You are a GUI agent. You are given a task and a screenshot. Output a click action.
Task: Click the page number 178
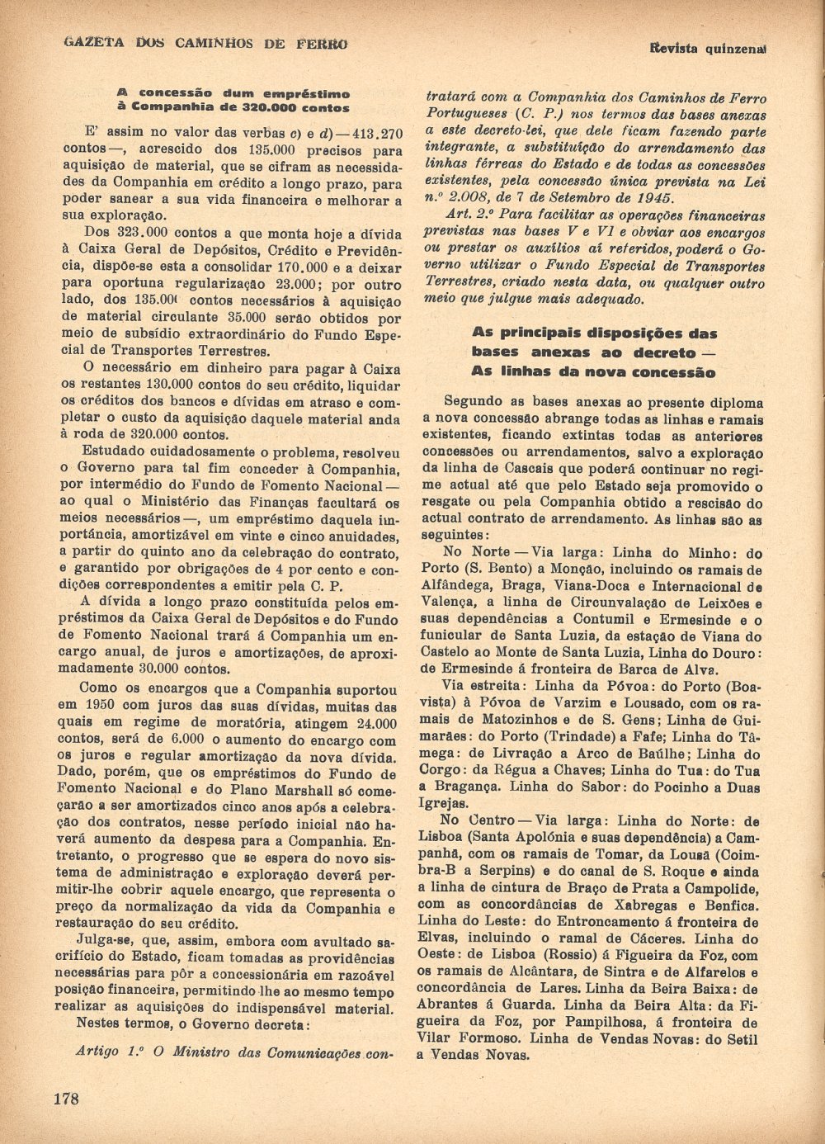coord(65,1099)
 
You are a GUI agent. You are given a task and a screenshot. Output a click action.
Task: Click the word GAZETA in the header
coord(89,43)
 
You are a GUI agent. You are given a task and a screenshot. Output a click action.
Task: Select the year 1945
coord(655,198)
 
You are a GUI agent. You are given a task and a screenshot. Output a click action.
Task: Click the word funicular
coord(458,636)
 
